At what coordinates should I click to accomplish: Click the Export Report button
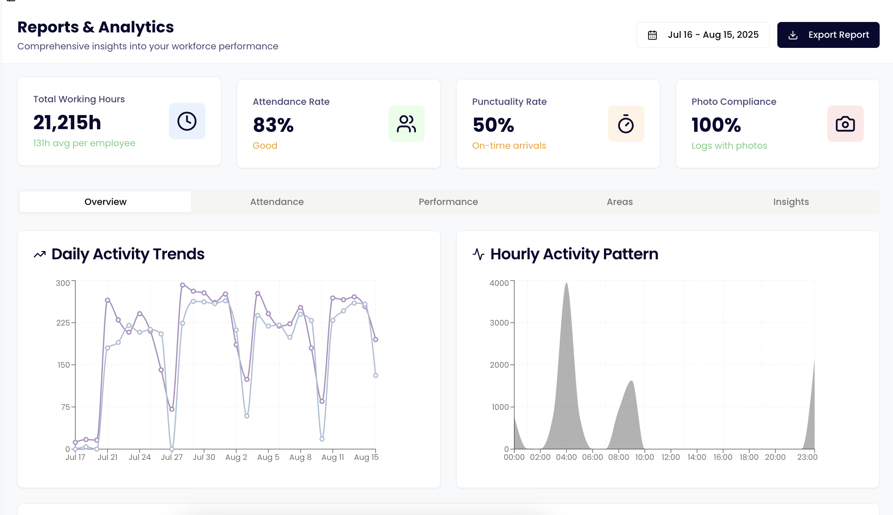tap(828, 35)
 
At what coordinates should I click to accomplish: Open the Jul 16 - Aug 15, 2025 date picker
tap(703, 35)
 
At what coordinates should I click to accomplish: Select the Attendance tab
tap(277, 202)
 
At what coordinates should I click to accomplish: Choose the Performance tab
tap(448, 202)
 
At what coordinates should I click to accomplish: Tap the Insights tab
tap(791, 202)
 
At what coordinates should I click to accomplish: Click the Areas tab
tap(619, 202)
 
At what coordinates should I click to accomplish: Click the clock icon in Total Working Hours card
tap(187, 121)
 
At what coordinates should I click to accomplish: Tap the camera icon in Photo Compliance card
tap(845, 124)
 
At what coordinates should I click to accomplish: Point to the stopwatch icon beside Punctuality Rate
tap(626, 124)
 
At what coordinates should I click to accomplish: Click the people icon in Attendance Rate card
tap(406, 124)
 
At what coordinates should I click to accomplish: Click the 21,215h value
tap(67, 122)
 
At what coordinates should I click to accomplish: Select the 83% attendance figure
tap(273, 125)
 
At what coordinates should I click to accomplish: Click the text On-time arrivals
tap(509, 145)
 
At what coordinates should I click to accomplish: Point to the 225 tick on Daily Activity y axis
tap(63, 323)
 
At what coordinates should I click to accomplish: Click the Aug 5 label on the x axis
tap(268, 457)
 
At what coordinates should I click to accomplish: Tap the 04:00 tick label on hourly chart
tap(566, 457)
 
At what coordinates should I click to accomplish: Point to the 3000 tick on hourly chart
tap(499, 323)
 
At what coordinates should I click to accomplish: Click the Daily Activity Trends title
tap(128, 254)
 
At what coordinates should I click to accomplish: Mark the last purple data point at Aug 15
tap(376, 340)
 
